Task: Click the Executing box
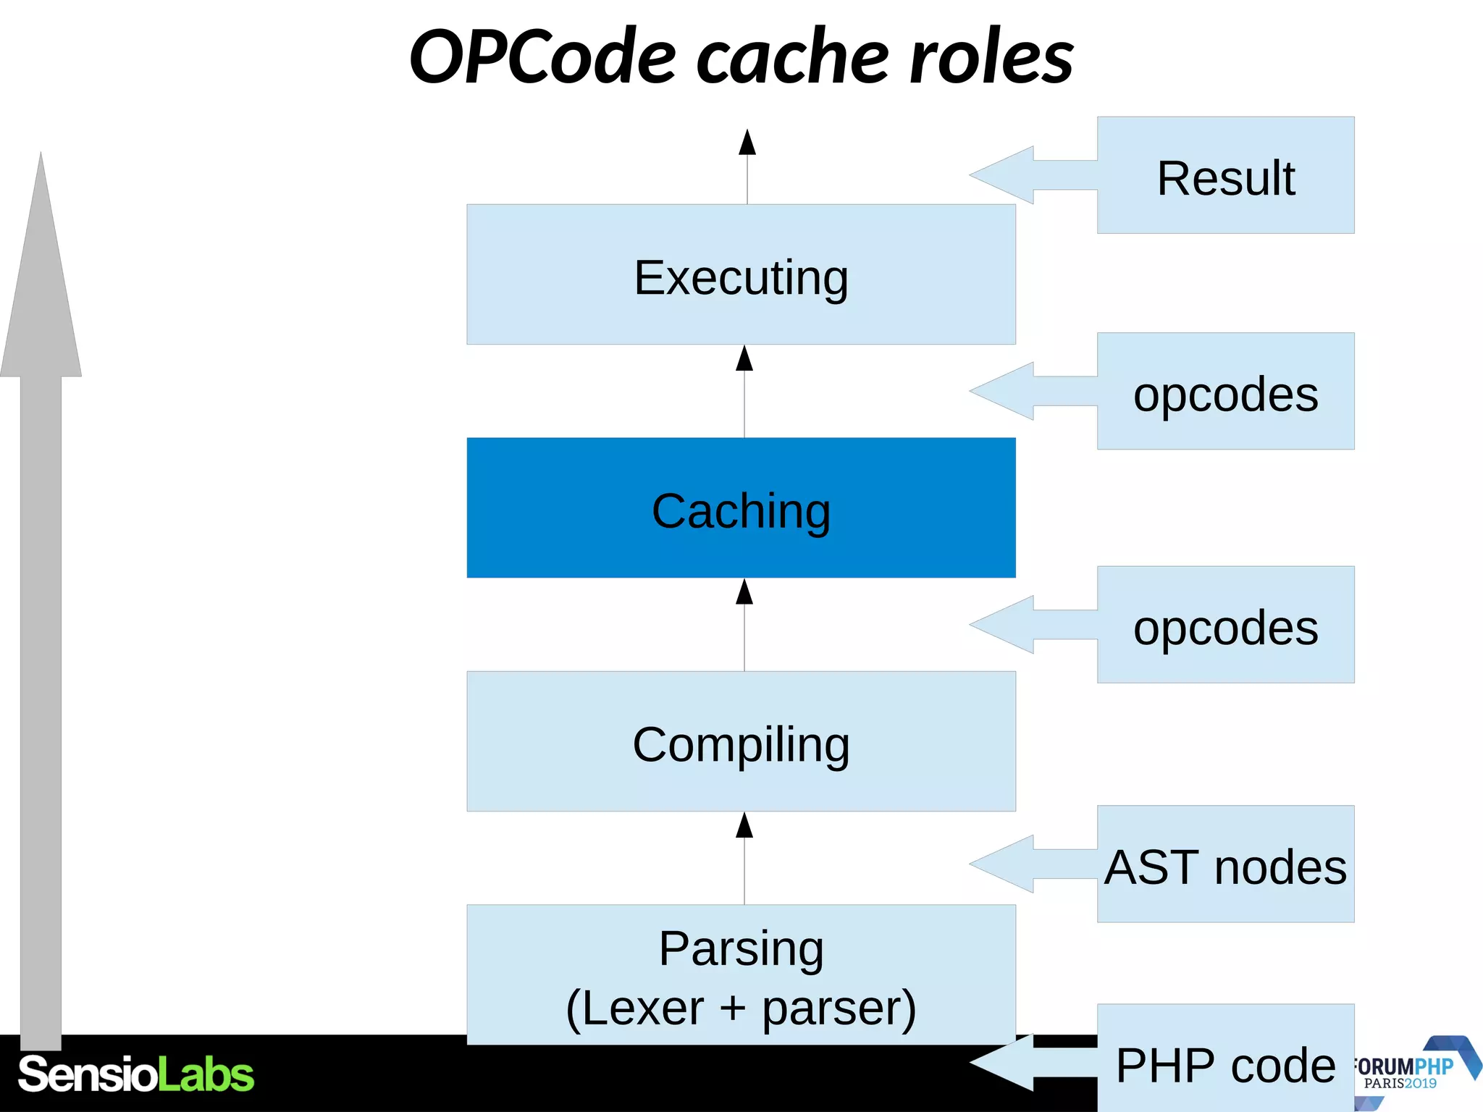coord(741,274)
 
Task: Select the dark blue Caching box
coord(741,507)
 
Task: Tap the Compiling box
coord(741,741)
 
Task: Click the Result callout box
coord(1225,175)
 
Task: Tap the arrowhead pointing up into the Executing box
coord(744,358)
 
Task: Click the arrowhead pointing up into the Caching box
coord(744,591)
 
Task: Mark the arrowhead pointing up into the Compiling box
coord(744,825)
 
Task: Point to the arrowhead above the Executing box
coord(747,143)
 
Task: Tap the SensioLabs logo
coord(136,1074)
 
